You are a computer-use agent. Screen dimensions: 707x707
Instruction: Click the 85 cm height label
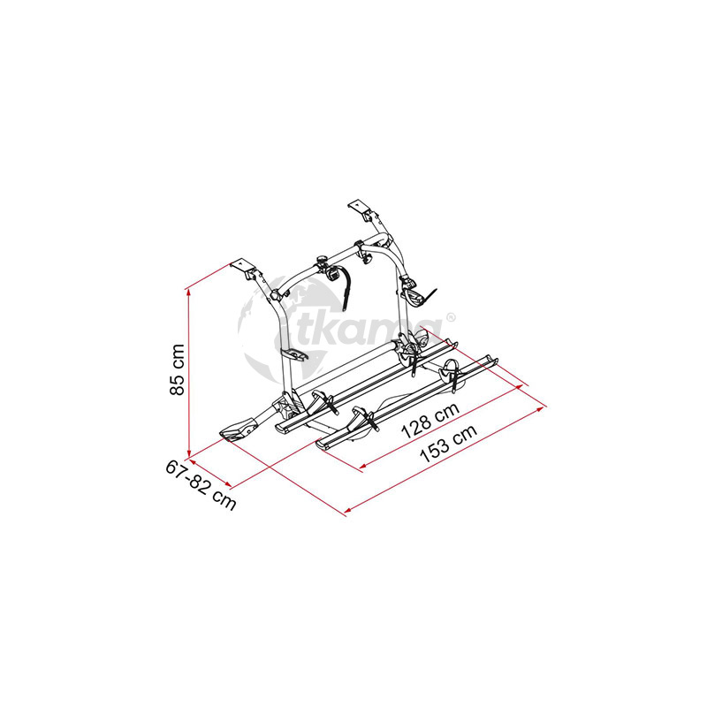pos(178,369)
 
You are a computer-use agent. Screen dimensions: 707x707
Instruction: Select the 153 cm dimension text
pos(448,444)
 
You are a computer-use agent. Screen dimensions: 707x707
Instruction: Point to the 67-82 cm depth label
pos(201,485)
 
